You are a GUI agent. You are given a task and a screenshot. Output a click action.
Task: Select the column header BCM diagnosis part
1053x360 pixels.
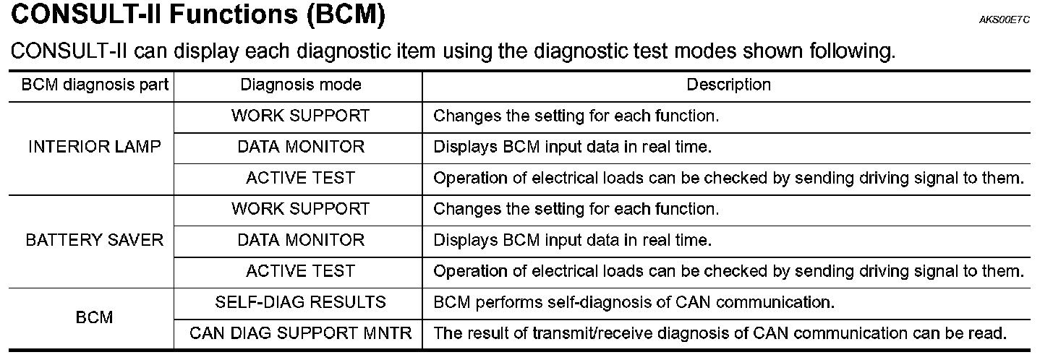tap(95, 85)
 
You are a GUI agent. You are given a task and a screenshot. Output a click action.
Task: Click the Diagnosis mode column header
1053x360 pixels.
tap(300, 85)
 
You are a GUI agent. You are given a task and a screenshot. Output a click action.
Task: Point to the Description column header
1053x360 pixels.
tap(728, 85)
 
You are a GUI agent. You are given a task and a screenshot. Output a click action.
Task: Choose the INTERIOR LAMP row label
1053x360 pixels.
tap(95, 147)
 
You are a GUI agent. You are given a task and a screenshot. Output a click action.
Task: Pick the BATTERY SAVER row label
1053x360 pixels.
tap(95, 240)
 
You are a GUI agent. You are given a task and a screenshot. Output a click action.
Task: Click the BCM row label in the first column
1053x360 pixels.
tap(95, 317)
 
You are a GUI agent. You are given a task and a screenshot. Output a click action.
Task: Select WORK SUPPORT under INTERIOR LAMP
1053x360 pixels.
tap(300, 116)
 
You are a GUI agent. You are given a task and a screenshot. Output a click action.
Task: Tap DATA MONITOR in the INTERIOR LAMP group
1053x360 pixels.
tap(300, 147)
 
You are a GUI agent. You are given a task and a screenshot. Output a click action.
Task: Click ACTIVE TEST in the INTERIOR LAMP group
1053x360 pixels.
tap(300, 178)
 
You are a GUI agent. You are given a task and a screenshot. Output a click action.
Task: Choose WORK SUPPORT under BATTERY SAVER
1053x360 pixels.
tap(300, 209)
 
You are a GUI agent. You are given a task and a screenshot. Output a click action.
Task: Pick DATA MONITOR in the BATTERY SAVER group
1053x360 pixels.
tap(300, 240)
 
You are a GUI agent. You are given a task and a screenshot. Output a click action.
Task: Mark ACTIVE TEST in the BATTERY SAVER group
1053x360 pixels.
tap(300, 271)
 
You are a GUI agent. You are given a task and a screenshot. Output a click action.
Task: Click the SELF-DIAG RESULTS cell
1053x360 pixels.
tap(300, 302)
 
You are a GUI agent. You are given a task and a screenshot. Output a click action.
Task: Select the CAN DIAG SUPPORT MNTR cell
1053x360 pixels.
tap(300, 334)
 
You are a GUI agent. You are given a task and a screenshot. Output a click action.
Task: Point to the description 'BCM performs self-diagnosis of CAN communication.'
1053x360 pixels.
tap(634, 302)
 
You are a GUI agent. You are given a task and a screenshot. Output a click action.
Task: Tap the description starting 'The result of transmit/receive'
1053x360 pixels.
tap(720, 334)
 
